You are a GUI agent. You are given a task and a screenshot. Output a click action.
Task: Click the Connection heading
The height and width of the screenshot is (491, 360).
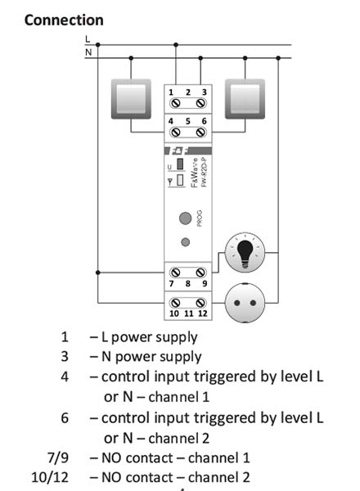[x=64, y=20]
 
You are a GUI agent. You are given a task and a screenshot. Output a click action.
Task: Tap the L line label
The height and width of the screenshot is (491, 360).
[x=88, y=39]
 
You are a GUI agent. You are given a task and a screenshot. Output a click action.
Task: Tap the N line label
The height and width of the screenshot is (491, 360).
[x=88, y=52]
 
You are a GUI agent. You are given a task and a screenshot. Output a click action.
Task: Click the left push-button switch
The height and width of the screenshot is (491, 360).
[x=131, y=99]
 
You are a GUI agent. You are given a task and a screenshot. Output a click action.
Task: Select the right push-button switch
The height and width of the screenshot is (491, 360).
[x=245, y=99]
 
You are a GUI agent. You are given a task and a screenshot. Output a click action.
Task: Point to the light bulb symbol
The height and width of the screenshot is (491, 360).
[x=245, y=252]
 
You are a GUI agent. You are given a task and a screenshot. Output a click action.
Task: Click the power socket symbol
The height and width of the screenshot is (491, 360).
[x=245, y=303]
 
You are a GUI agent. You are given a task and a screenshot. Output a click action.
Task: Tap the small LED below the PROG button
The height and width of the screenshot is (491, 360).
[x=186, y=242]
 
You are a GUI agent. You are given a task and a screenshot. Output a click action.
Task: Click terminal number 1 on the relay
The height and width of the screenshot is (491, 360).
[x=171, y=92]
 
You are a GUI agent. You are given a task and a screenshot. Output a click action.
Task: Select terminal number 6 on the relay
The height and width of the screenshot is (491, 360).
[x=204, y=121]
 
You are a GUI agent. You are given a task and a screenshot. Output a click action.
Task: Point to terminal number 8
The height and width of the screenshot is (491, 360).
[x=188, y=284]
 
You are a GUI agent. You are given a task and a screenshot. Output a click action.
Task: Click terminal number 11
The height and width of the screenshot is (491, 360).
[x=188, y=313]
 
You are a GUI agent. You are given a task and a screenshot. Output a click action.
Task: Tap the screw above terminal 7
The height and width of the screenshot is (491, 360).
[x=176, y=273]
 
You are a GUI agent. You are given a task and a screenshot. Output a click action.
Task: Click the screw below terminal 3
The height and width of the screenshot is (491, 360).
[x=200, y=103]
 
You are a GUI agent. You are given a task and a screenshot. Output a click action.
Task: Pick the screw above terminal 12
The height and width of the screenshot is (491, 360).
[x=200, y=303]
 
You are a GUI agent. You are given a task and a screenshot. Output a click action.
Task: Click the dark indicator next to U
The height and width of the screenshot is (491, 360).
[x=180, y=164]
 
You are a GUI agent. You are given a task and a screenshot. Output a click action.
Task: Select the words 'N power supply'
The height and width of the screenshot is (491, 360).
[x=151, y=357]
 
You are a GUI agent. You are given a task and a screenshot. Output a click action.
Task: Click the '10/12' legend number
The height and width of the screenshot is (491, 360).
[x=50, y=478]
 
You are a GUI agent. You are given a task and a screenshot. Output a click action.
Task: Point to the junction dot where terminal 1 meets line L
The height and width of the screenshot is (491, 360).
[x=176, y=45]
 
